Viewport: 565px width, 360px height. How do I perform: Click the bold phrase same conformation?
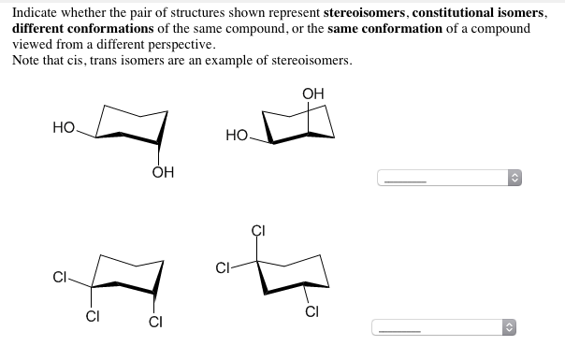(x=382, y=29)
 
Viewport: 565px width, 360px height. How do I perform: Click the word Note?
(x=26, y=60)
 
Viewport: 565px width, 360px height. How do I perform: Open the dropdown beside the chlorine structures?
(x=445, y=327)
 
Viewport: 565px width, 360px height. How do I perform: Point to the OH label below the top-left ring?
(x=162, y=173)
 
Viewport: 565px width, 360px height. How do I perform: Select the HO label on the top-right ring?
(x=238, y=137)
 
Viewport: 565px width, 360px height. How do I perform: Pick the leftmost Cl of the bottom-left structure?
(x=60, y=277)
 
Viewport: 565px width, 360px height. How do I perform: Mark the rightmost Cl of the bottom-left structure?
(x=155, y=323)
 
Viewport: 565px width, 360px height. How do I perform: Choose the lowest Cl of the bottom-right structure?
(x=313, y=312)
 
